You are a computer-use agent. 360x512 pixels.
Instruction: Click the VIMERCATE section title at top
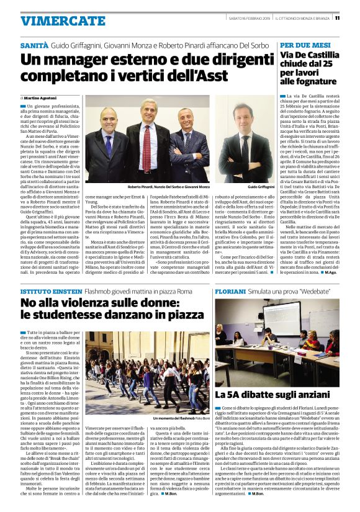click(63, 20)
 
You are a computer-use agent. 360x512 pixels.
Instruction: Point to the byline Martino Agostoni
click(40, 98)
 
